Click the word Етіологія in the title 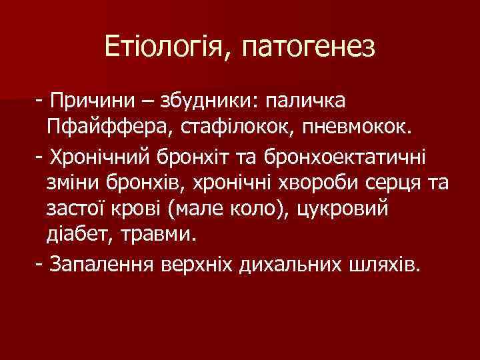pos(164,47)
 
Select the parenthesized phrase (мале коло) pos(223,209)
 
